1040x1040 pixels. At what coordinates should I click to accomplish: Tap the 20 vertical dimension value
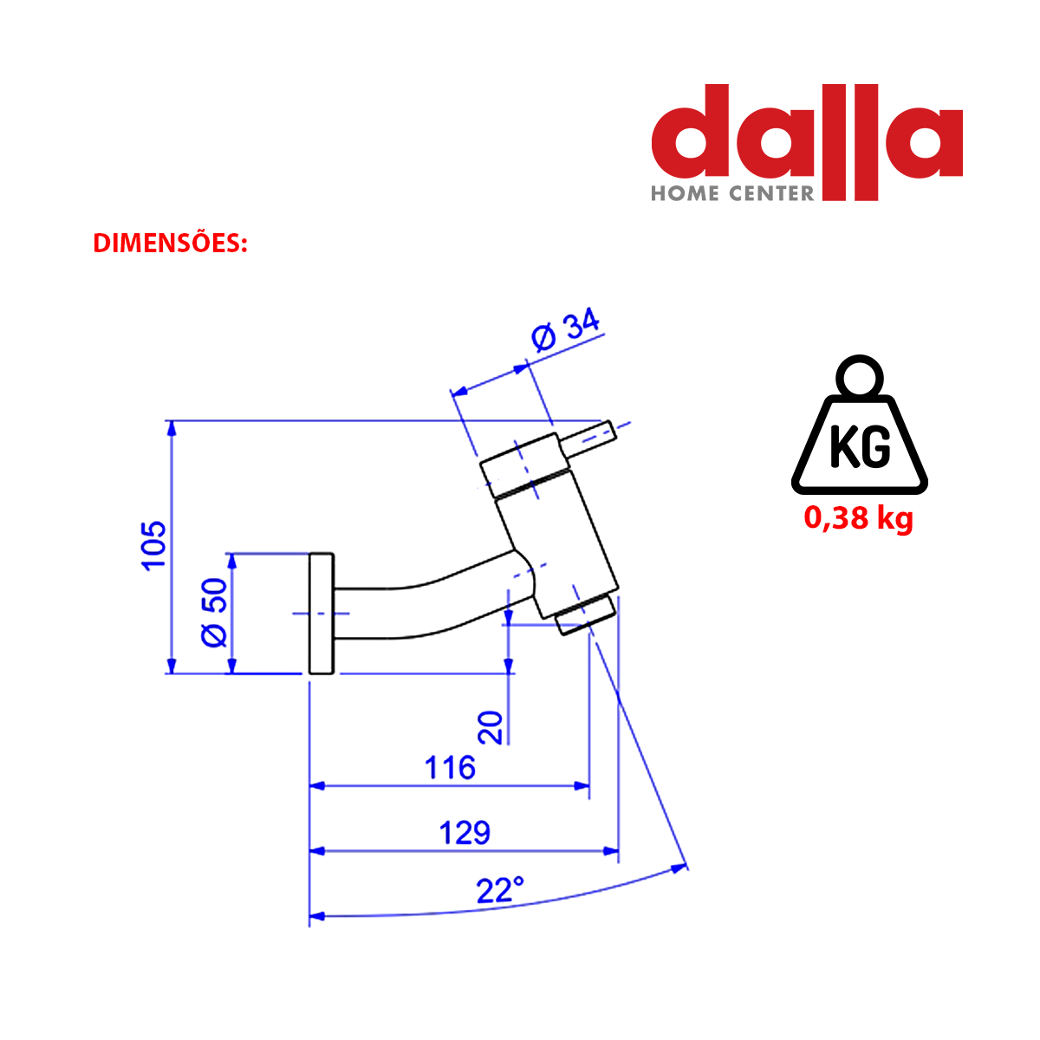pos(491,726)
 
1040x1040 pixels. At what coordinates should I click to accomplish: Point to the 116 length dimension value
pos(450,767)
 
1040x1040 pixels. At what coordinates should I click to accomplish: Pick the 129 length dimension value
pos(465,832)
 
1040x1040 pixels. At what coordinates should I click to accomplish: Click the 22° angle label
pos(500,889)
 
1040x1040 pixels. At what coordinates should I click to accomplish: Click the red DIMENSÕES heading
pos(170,244)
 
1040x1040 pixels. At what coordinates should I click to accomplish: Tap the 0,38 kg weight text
pos(858,517)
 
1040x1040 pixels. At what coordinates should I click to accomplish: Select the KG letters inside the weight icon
pos(859,446)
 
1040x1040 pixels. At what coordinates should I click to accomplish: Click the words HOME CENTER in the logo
pos(732,193)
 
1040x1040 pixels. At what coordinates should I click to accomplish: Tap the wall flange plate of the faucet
pos(322,613)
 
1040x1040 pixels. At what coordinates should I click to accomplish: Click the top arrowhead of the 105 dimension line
pos(172,428)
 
